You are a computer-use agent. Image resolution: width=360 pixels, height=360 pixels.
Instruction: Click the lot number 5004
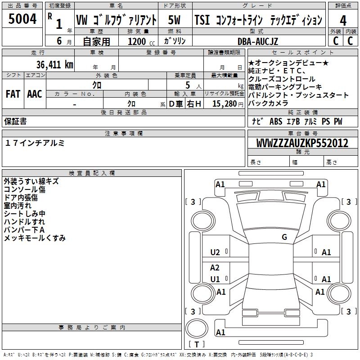click(22, 20)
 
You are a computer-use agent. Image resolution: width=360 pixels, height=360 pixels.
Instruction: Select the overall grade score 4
click(343, 20)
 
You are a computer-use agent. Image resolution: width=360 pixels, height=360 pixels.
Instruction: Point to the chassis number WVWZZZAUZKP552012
click(302, 144)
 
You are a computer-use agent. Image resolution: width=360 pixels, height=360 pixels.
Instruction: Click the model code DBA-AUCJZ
click(258, 41)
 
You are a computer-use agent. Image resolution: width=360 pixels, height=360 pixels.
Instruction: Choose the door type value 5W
click(175, 20)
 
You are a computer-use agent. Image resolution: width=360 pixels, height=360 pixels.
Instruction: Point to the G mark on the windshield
click(284, 237)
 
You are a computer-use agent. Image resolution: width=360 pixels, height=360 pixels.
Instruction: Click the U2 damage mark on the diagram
click(216, 252)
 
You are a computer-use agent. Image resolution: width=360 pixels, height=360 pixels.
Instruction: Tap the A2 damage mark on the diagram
click(215, 268)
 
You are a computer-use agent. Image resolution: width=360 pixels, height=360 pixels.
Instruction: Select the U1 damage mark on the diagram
click(216, 279)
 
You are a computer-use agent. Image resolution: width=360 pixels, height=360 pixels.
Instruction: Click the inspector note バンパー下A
click(24, 230)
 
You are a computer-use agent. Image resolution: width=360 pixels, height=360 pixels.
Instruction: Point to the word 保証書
click(15, 121)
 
